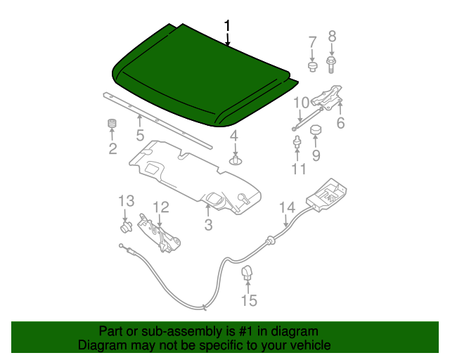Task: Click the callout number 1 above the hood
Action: pos(227,25)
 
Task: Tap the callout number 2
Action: pos(112,149)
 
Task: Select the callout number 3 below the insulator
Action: pos(208,225)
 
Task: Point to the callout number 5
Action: pos(140,135)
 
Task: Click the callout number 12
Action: pos(161,207)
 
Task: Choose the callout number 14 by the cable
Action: pos(288,207)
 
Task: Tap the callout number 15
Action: pos(249,300)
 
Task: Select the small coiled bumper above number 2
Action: pos(112,124)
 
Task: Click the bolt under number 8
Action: pos(331,65)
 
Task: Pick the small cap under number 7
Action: pos(312,67)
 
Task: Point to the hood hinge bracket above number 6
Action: pos(328,97)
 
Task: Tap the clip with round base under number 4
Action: pos(236,160)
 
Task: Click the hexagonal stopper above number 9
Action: pos(316,130)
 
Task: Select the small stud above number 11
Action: pos(297,142)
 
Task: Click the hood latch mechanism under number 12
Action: pos(158,233)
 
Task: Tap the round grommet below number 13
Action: pos(126,227)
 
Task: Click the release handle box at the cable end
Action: pos(326,195)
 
